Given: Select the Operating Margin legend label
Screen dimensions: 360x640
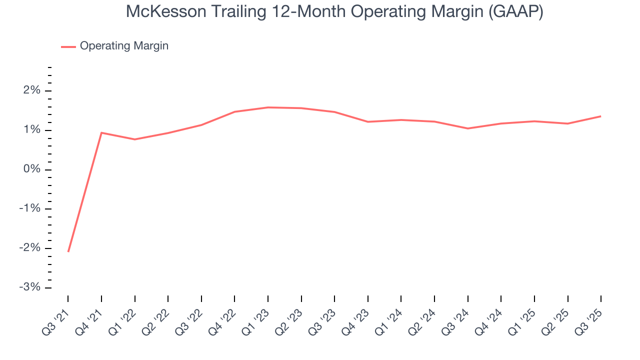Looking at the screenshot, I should click(124, 46).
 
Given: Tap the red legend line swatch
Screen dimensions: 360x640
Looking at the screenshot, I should click(68, 46).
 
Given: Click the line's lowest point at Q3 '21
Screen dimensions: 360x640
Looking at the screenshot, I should click(68, 251).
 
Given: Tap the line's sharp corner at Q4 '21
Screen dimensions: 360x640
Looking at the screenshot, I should click(101, 132).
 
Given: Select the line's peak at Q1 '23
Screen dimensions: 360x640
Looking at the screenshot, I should click(268, 107).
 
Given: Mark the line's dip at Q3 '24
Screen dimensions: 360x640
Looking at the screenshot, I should click(468, 128).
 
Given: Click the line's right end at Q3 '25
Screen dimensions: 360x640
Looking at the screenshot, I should click(600, 116).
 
